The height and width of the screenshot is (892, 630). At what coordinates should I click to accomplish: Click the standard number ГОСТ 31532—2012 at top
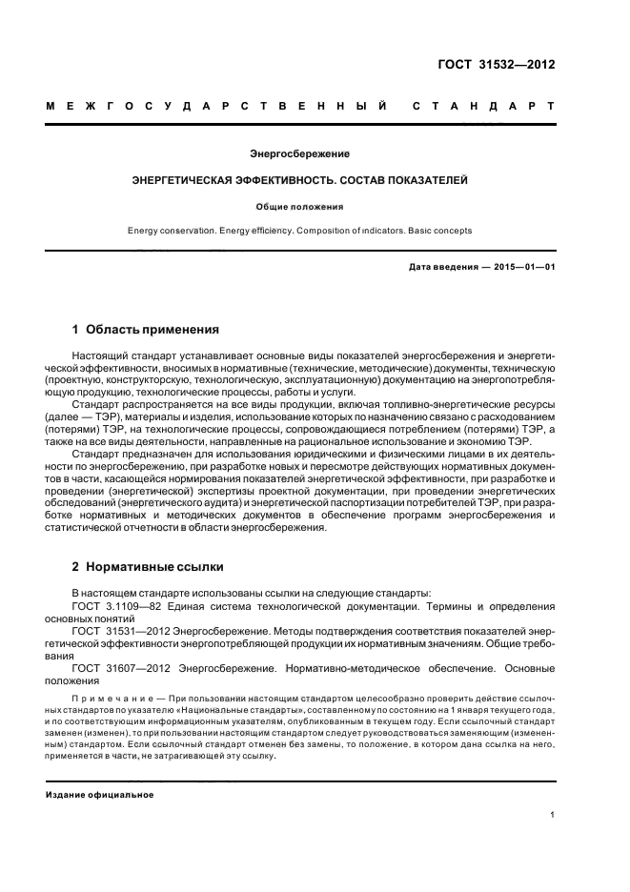[x=504, y=65]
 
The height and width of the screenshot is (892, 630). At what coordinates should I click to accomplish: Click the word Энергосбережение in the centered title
[x=299, y=153]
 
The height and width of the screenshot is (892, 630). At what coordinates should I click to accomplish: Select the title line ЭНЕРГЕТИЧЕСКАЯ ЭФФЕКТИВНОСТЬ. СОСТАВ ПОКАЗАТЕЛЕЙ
[x=299, y=179]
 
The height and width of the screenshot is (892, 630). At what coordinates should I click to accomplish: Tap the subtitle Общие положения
[x=299, y=205]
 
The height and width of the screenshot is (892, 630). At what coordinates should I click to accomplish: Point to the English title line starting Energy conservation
[x=299, y=231]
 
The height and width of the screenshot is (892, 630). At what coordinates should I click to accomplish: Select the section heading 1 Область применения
[x=145, y=330]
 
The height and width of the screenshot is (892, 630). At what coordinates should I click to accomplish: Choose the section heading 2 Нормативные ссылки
[x=148, y=566]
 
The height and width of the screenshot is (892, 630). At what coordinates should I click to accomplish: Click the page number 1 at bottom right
[x=553, y=815]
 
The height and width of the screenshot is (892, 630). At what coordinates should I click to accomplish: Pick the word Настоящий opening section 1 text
[x=97, y=355]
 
